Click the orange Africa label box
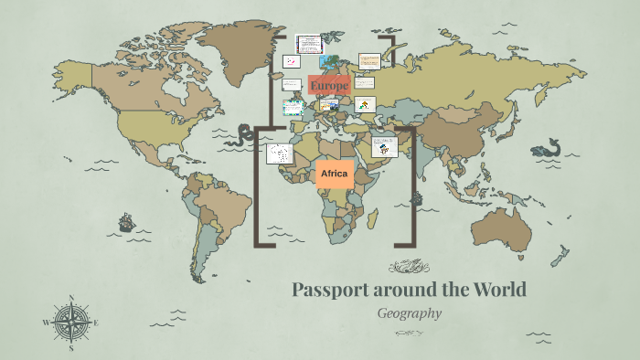pos(335,174)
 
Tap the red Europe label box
pos(329,85)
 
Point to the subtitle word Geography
pos(410,313)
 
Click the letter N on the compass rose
pos(71,297)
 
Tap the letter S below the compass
pos(71,348)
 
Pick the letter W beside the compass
pos(46,323)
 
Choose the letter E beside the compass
pos(96,323)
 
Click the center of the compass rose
pos(71,323)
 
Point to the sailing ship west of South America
pos(126,222)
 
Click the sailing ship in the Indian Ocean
pos(416,197)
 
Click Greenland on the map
pos(241,45)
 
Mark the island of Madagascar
pos(372,219)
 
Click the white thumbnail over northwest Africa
pos(279,154)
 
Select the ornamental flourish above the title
pos(409,267)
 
